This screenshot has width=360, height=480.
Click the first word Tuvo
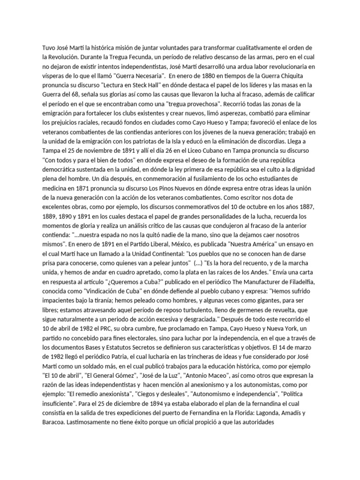[49, 48]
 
